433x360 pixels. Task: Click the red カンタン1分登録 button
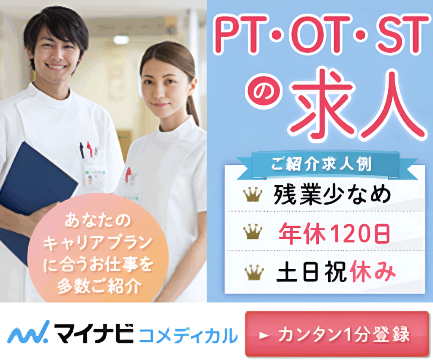[x=337, y=334]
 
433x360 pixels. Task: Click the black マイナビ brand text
[x=93, y=333]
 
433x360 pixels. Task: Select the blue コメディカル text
[x=188, y=335]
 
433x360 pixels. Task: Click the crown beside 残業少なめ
[x=253, y=194]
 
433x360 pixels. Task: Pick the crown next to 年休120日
[x=253, y=232]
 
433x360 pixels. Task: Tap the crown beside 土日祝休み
[x=254, y=272]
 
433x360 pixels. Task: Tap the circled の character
[x=264, y=91]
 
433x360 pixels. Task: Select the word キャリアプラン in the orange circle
[x=98, y=243]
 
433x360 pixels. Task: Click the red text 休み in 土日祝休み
[x=373, y=272]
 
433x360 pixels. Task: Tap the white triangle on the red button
[x=264, y=335]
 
